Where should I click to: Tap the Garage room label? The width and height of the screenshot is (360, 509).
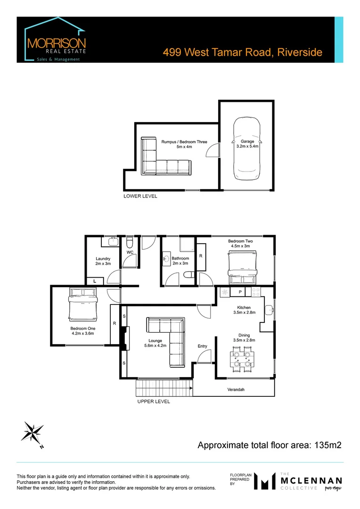pos(247,141)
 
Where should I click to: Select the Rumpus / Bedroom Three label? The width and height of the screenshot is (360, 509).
pos(183,141)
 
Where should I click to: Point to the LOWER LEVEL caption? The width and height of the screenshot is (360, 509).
pos(140,196)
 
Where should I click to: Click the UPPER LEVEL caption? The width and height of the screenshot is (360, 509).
pos(154,402)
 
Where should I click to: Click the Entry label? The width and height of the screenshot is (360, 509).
pos(202,346)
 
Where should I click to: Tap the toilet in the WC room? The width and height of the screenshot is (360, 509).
pos(130,244)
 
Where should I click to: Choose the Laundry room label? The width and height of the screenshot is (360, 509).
pos(103,258)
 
